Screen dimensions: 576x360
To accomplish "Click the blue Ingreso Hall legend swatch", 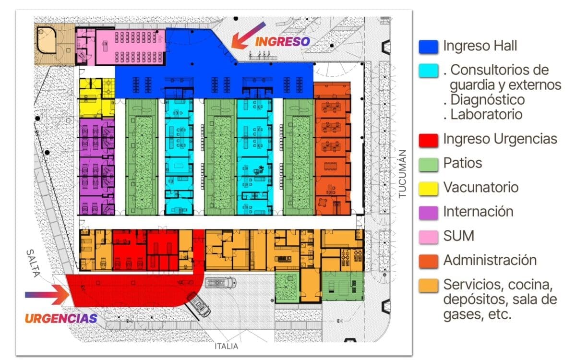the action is pyautogui.click(x=428, y=47).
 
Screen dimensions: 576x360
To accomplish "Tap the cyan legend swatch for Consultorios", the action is pyautogui.click(x=428, y=71).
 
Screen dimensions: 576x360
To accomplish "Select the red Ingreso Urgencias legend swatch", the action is pyautogui.click(x=428, y=140).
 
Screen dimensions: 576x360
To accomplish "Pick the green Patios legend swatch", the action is pyautogui.click(x=428, y=165).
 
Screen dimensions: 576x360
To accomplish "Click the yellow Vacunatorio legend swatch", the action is pyautogui.click(x=428, y=189).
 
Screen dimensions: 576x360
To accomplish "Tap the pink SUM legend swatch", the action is pyautogui.click(x=428, y=237).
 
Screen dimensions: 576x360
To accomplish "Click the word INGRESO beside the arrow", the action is pyautogui.click(x=282, y=42).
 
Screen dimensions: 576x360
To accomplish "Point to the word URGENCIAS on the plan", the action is pyautogui.click(x=61, y=319).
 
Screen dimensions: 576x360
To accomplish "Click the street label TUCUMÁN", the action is pyautogui.click(x=402, y=174).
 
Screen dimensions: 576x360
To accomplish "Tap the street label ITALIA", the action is pyautogui.click(x=226, y=347).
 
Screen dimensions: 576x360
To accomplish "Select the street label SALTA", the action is pyautogui.click(x=34, y=263).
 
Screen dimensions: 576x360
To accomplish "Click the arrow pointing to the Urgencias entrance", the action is pyautogui.click(x=47, y=295).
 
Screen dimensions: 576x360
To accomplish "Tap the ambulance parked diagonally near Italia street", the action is pyautogui.click(x=198, y=304).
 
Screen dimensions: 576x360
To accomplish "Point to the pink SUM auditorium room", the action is pyautogui.click(x=130, y=47).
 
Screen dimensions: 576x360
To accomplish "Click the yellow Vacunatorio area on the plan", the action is pyautogui.click(x=96, y=98).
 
